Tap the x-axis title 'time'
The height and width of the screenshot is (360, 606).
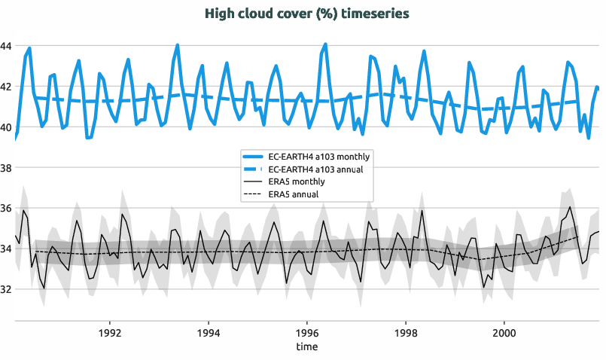[x=306, y=346]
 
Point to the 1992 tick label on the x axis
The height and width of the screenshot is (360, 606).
[x=110, y=332]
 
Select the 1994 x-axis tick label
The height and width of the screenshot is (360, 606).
[x=209, y=332]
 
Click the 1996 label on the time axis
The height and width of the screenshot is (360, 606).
[x=306, y=332]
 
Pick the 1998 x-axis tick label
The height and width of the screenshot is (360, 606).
[x=405, y=332]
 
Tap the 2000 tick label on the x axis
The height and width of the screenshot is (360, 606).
[x=504, y=332]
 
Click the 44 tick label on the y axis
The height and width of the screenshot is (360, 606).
[x=6, y=46]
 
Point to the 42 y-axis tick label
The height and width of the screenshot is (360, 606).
[x=6, y=87]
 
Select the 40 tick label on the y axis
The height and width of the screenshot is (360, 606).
[x=6, y=127]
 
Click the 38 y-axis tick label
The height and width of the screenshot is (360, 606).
[x=6, y=168]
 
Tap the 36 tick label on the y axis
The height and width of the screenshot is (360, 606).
[x=6, y=209]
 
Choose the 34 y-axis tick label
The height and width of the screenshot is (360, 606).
[x=6, y=249]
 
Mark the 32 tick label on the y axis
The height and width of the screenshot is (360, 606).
[x=6, y=289]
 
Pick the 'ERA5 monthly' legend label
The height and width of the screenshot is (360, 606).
[x=297, y=182]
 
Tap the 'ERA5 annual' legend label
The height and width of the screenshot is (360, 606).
[x=294, y=194]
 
